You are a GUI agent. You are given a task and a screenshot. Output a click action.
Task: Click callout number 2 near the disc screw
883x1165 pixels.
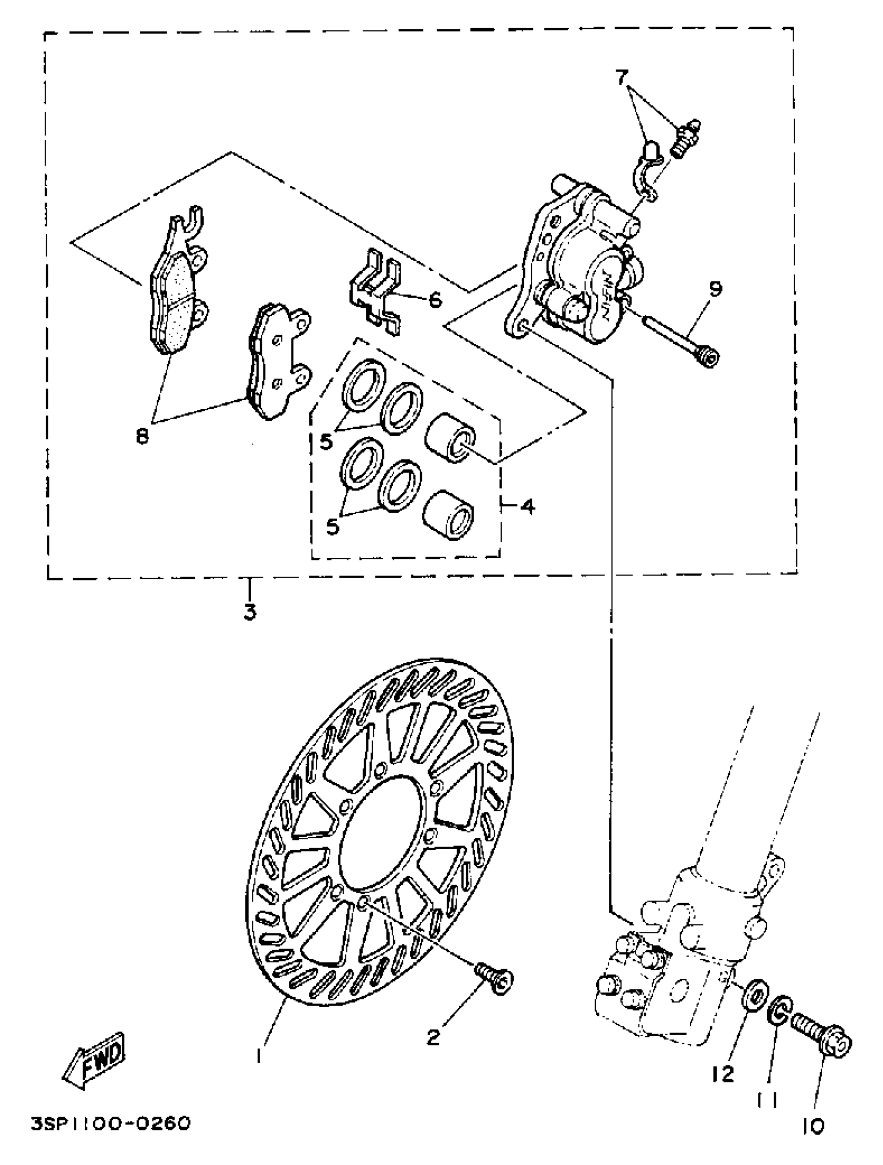433,1038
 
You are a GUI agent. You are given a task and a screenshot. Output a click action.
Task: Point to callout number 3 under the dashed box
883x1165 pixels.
250,612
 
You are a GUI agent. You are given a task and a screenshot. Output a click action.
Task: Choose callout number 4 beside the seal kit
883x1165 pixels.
528,506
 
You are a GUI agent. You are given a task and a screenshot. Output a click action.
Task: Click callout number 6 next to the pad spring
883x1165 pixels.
435,300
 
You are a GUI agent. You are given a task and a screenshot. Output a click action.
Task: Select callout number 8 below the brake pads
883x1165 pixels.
142,436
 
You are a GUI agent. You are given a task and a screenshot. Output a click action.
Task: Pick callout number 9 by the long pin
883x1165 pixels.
715,289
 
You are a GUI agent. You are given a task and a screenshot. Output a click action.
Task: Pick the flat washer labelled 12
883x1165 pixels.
757,993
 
